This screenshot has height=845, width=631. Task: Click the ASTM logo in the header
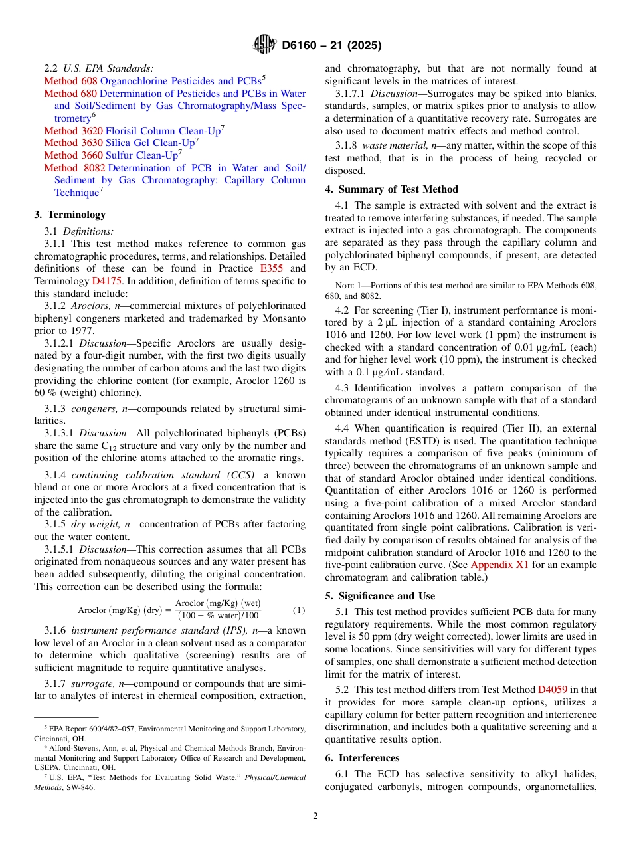click(x=264, y=46)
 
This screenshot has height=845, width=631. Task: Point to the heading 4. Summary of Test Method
click(x=391, y=189)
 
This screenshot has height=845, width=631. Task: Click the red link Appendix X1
click(x=499, y=565)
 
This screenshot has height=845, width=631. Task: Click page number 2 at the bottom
click(x=315, y=816)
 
